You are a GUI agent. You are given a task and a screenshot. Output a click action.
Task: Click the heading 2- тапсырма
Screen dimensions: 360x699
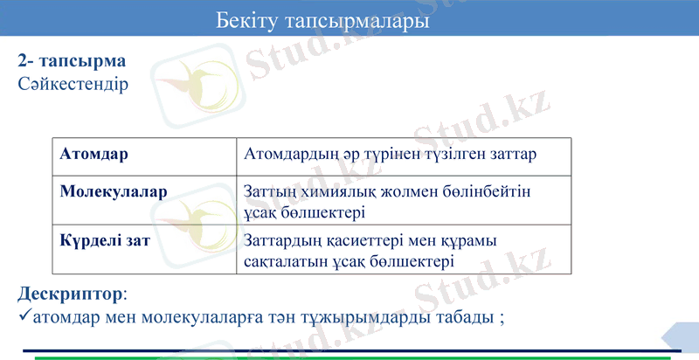(72, 62)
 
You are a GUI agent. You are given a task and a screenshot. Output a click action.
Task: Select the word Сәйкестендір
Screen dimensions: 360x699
(73, 85)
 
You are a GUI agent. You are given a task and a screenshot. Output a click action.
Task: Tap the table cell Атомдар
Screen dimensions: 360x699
(94, 154)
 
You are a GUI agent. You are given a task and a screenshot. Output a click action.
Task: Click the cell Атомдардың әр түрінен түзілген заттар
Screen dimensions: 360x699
(391, 154)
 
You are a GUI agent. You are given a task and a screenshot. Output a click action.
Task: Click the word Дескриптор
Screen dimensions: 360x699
(71, 294)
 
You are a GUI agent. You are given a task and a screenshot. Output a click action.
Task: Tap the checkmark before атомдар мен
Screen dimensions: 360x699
(24, 315)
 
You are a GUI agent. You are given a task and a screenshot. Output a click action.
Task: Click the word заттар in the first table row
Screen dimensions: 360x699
(509, 154)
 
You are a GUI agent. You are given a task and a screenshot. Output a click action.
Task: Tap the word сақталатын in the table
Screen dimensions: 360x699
(287, 260)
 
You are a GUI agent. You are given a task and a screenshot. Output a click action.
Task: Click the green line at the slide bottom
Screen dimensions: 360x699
(349, 357)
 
